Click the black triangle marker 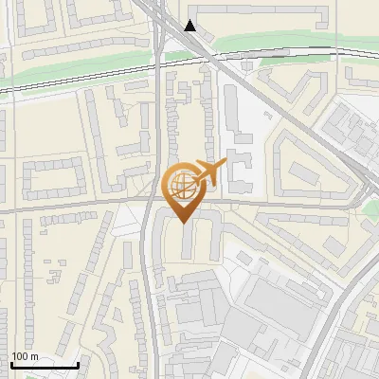pyautogui.click(x=191, y=26)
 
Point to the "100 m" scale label pyautogui.click(x=26, y=356)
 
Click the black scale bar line pyautogui.click(x=45, y=365)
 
